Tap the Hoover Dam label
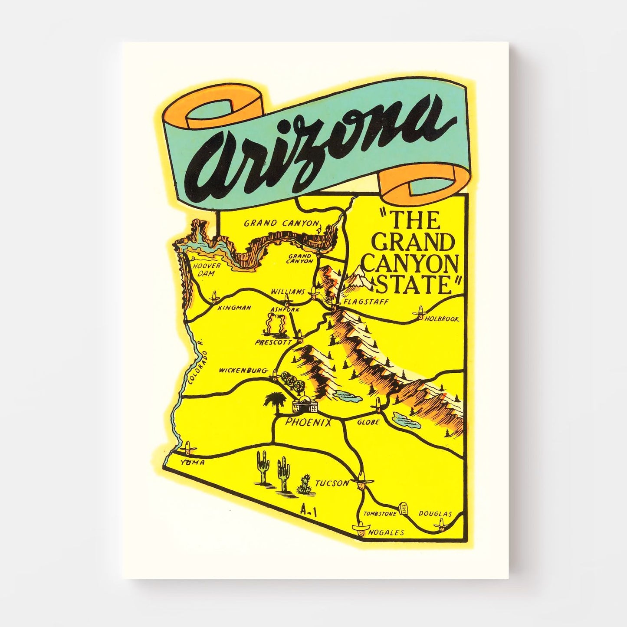click(x=207, y=269)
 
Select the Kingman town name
click(x=234, y=308)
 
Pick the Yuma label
click(x=192, y=463)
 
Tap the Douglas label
click(x=435, y=514)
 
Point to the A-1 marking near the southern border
click(x=309, y=512)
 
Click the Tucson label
click(x=332, y=483)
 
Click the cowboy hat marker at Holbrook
click(x=420, y=312)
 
